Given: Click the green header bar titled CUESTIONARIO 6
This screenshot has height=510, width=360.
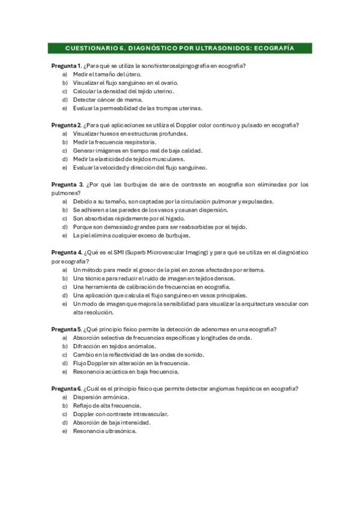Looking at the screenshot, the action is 180,48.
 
